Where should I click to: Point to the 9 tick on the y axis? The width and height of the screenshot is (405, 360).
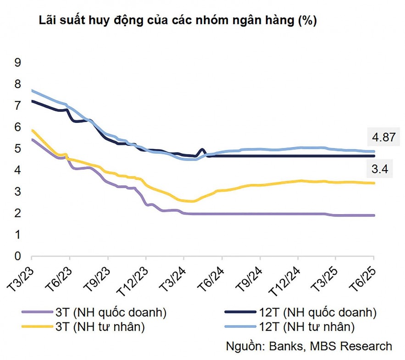[18, 62]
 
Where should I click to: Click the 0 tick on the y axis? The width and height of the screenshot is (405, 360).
[18, 256]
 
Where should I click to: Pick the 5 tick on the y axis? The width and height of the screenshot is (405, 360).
[18, 149]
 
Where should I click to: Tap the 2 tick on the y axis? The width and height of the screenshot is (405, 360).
[18, 213]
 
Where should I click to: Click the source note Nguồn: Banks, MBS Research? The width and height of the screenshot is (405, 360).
[309, 346]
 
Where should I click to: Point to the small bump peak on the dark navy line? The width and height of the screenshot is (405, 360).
[202, 149]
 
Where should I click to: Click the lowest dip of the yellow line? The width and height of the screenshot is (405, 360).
[190, 201]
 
